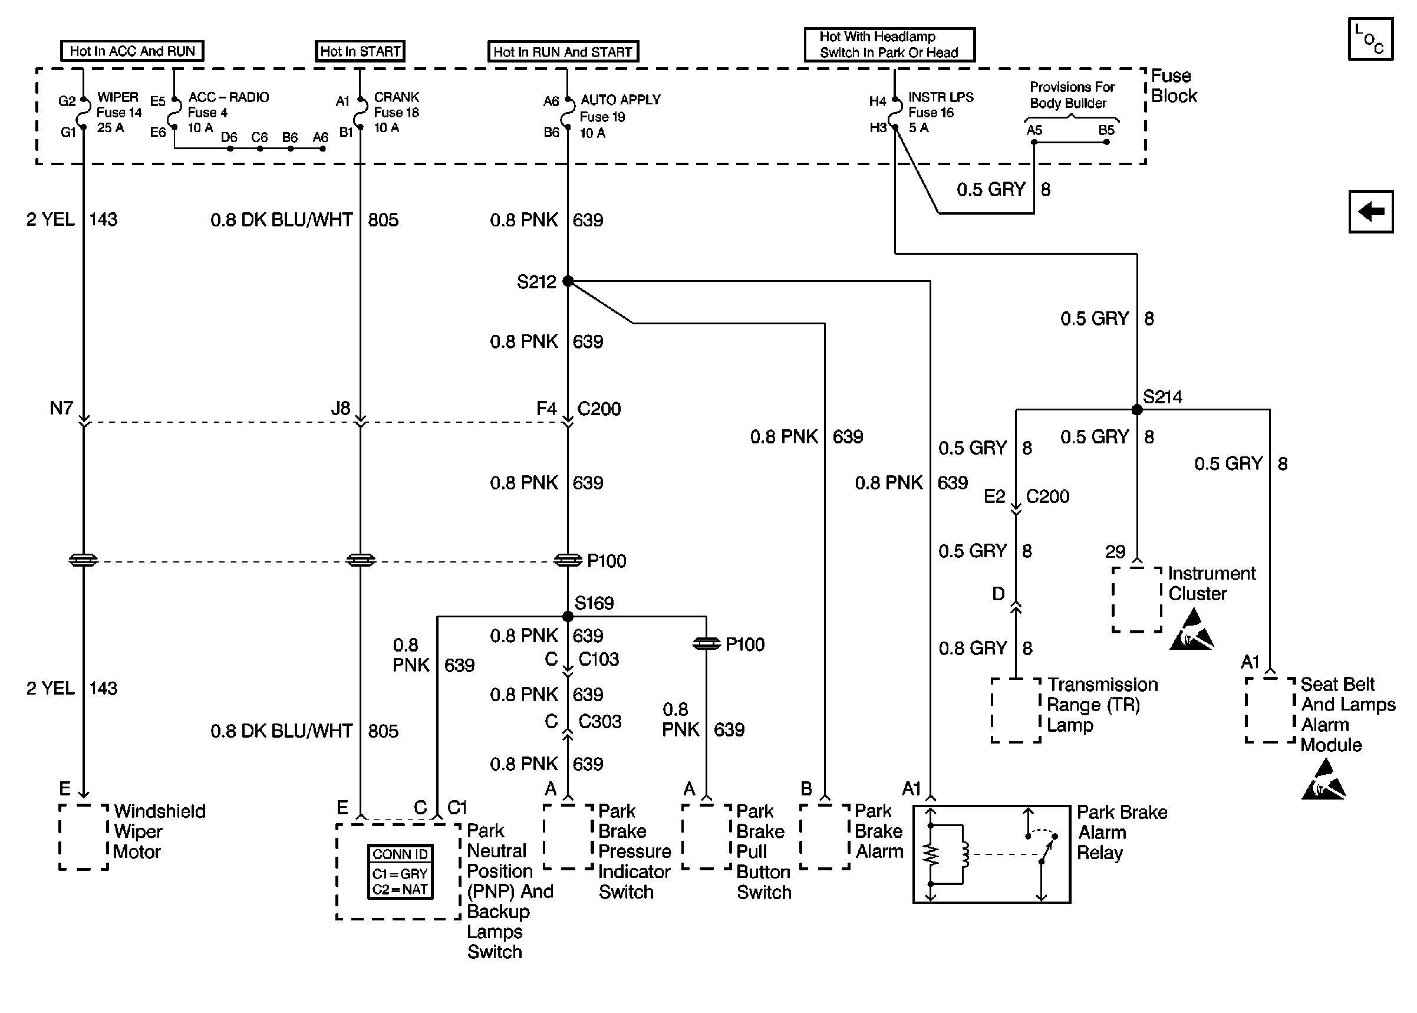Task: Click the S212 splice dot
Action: [568, 281]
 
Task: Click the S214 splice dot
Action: [1136, 410]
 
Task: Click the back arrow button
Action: [1370, 212]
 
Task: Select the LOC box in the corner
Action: [1370, 39]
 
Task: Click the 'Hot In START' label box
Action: [360, 51]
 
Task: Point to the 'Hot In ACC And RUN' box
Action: [132, 51]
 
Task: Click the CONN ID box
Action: [400, 871]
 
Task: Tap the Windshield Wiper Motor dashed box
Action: [84, 837]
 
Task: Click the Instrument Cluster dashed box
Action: [1137, 600]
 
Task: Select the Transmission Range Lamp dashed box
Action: [1016, 711]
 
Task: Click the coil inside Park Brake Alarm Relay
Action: [964, 854]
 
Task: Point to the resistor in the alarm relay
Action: [931, 855]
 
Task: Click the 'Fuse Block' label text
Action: [1174, 86]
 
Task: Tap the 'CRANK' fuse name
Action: [397, 97]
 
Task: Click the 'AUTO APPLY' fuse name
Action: [620, 100]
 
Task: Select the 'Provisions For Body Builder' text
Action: [1072, 95]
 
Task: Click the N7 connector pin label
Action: [61, 408]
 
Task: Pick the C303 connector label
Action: [599, 721]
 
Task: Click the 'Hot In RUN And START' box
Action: [563, 52]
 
